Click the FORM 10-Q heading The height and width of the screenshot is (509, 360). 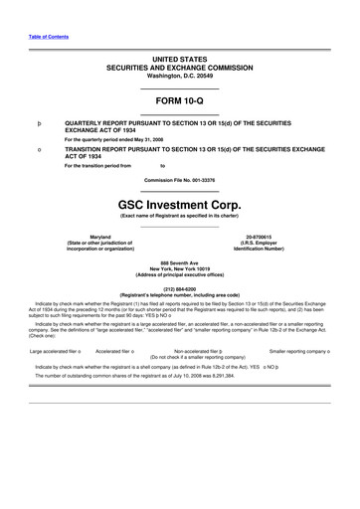179,102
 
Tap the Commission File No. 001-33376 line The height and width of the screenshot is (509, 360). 179,178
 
